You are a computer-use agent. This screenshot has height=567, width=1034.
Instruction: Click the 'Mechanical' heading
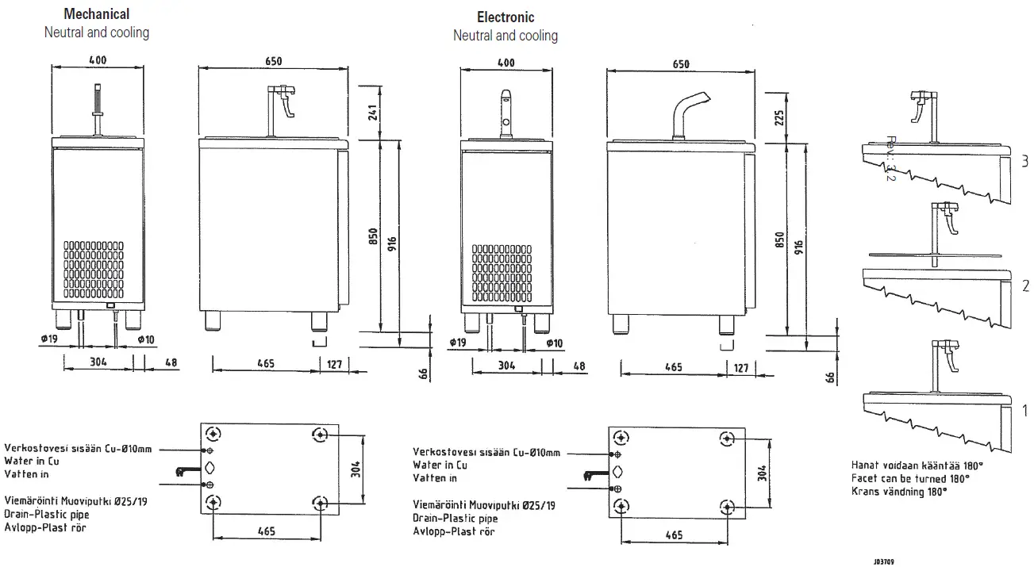coord(96,14)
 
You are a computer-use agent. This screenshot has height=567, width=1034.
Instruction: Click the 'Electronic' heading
coord(505,17)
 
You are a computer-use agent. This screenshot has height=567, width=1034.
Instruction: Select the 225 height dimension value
coord(780,118)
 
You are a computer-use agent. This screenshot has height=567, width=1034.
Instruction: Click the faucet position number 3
coord(1024,162)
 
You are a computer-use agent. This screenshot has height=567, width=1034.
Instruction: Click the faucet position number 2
coord(1024,286)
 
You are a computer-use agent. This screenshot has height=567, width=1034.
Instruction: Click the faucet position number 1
coord(1024,411)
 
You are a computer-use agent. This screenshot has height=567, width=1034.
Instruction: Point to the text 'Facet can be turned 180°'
coord(909,479)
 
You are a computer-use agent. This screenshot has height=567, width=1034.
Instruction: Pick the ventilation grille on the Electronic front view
coord(502,274)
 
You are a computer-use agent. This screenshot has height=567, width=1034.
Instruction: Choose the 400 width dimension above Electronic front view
coord(505,63)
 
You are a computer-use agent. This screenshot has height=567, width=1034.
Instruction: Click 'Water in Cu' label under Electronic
coord(440,465)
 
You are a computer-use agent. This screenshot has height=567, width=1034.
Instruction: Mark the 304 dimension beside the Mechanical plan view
coord(356,468)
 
